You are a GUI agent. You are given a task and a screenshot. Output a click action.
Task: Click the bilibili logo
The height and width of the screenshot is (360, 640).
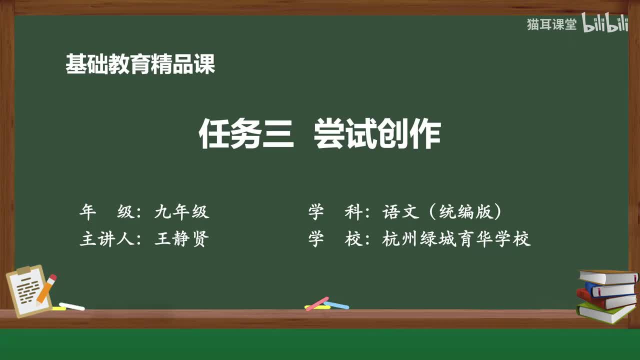pyautogui.click(x=605, y=24)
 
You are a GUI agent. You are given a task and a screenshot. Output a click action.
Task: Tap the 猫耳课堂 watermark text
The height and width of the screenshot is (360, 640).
pyautogui.click(x=551, y=24)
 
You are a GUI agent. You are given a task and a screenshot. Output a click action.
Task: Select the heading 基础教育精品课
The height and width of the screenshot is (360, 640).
pyautogui.click(x=140, y=64)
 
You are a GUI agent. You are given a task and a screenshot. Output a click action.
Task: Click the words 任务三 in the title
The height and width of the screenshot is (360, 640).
pyautogui.click(x=246, y=134)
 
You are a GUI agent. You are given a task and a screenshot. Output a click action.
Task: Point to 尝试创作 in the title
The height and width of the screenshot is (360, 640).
pyautogui.click(x=377, y=134)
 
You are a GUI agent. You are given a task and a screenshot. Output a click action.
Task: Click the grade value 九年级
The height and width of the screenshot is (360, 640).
pyautogui.click(x=181, y=212)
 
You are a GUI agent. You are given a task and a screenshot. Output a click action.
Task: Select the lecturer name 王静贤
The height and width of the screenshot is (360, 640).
pyautogui.click(x=181, y=239)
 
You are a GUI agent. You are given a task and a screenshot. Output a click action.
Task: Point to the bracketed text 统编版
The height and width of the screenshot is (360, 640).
pyautogui.click(x=470, y=212)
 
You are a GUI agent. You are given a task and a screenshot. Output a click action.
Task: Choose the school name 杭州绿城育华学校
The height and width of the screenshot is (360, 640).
pyautogui.click(x=456, y=239)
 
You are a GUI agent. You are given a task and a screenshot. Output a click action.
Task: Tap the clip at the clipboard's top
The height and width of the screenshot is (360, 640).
pyautogui.click(x=23, y=270)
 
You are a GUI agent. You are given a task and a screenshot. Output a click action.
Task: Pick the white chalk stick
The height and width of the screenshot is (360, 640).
pyautogui.click(x=72, y=306)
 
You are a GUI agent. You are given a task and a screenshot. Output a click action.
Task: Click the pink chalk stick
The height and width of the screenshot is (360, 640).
pyautogui.click(x=316, y=303)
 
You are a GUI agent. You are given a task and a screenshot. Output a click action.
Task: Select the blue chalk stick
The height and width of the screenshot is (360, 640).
pyautogui.click(x=336, y=304)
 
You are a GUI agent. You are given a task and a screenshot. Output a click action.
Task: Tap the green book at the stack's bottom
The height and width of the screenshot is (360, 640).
pyautogui.click(x=605, y=313)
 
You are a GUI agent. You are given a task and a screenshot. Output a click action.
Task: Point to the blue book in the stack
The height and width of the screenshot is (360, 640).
pyautogui.click(x=610, y=289)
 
